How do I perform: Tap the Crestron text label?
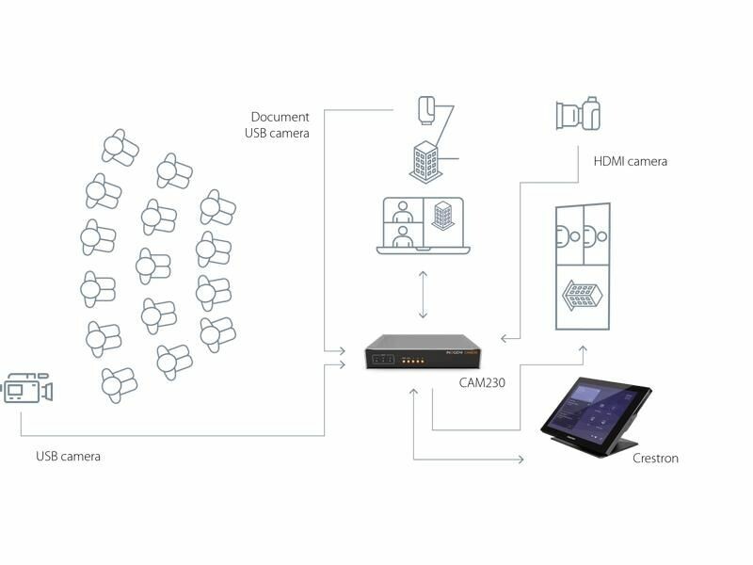(x=655, y=459)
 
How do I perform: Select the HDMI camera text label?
(x=630, y=161)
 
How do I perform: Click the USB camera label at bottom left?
(x=68, y=457)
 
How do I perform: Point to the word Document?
(x=280, y=117)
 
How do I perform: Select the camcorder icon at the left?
(x=26, y=388)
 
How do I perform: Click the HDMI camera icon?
(x=578, y=115)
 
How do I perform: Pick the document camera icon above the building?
(x=426, y=109)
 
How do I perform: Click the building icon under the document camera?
(x=425, y=161)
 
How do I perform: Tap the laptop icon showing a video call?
(x=423, y=225)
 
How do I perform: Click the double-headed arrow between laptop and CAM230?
(x=423, y=294)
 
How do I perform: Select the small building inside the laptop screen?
(x=442, y=216)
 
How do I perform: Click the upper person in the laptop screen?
(x=403, y=211)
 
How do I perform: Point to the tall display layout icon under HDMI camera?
(x=582, y=266)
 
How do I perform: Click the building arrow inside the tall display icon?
(x=581, y=296)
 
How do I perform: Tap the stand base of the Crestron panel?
(x=617, y=446)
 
